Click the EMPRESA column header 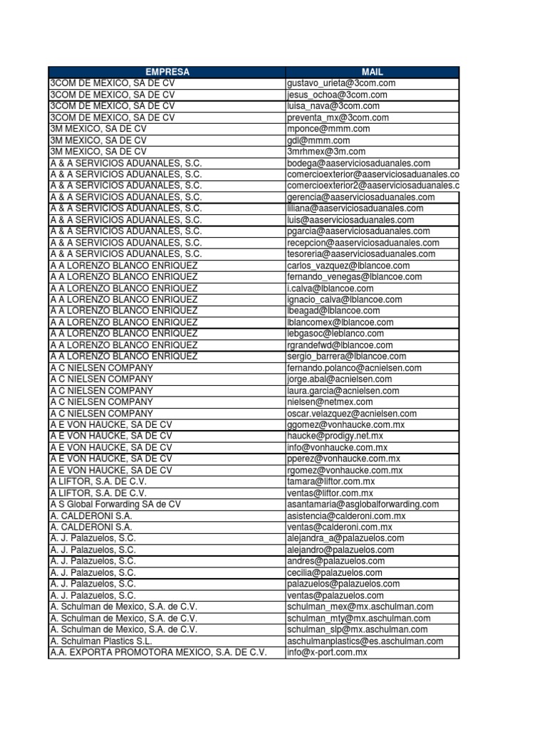point(167,72)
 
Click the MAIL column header point(372,72)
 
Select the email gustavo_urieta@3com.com point(341,83)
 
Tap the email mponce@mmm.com point(328,129)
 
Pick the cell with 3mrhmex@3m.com point(326,152)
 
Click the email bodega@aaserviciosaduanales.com point(359,163)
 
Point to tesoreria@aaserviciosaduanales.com point(361,254)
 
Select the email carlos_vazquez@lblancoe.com point(349,266)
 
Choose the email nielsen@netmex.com point(329,402)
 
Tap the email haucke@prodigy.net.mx point(335,436)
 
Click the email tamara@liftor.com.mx point(332,481)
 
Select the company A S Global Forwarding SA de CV point(115,504)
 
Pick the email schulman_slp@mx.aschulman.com point(358,629)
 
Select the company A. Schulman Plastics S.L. point(101,641)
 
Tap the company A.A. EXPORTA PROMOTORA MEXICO point(158,652)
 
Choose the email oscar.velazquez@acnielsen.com point(352,413)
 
